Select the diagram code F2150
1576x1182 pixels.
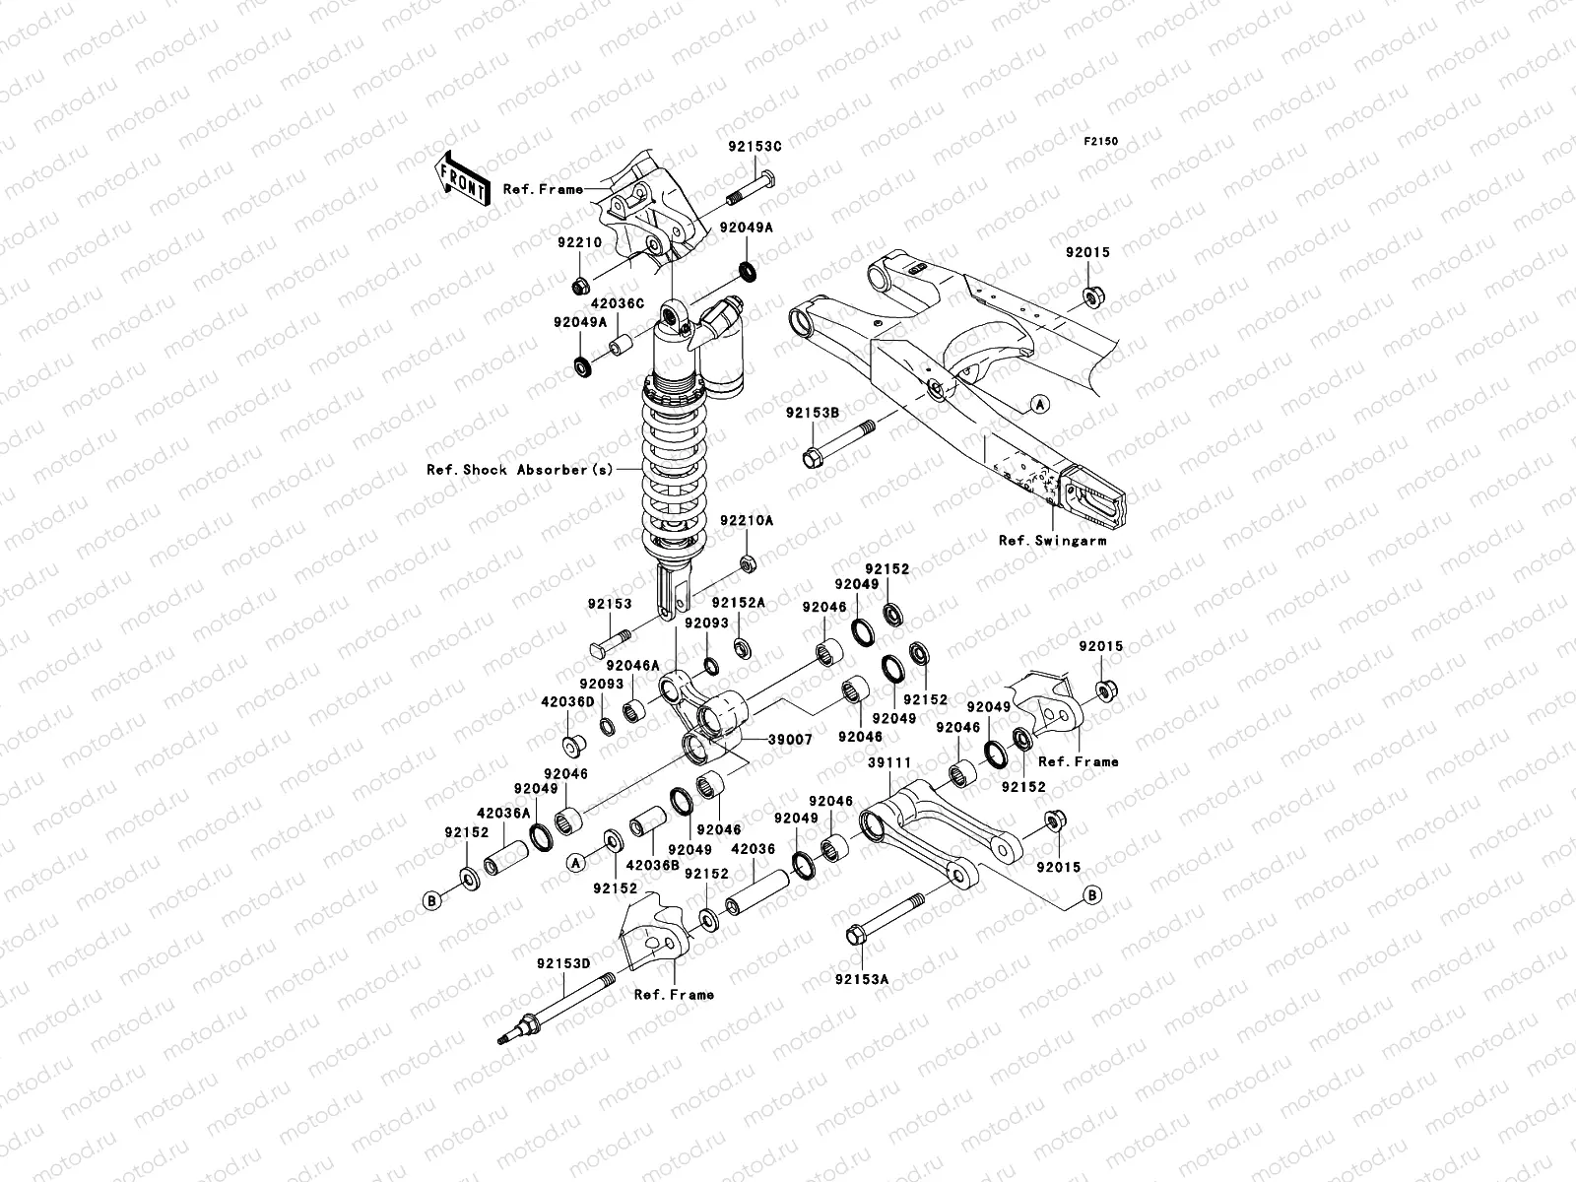(1102, 142)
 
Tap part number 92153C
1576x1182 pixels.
(755, 146)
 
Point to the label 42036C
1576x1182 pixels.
(620, 304)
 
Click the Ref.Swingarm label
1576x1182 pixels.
(1052, 541)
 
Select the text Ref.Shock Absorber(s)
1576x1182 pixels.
(519, 470)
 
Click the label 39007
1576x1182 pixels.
(791, 739)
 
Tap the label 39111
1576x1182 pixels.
(888, 762)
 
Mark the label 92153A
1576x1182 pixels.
(862, 979)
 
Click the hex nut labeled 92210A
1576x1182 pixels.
(747, 563)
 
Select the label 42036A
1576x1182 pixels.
(503, 813)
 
